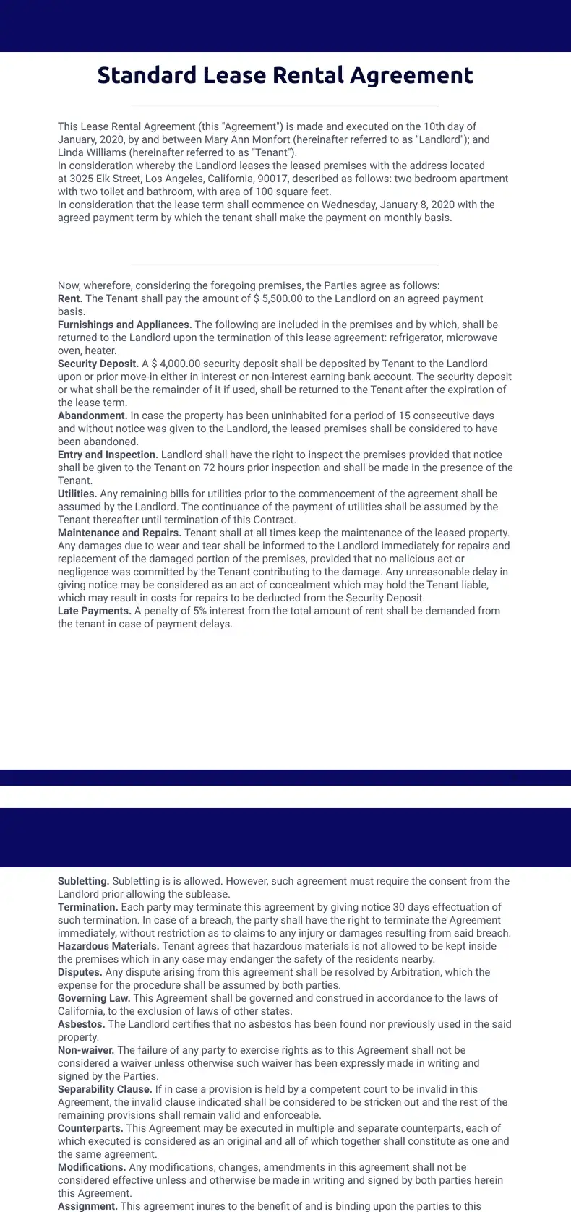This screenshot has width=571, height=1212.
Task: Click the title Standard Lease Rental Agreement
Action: point(285,75)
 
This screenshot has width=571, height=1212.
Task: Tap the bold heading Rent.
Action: point(70,298)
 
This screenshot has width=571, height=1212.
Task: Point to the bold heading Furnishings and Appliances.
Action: point(124,325)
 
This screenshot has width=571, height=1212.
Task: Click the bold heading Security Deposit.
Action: point(98,364)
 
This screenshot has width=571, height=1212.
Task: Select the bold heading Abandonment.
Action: point(93,416)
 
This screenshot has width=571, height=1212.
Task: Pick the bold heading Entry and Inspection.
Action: point(108,455)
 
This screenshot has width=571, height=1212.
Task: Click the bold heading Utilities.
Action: point(77,494)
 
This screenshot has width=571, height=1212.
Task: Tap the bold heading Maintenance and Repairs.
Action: point(119,533)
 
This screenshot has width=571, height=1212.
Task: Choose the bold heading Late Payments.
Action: point(95,611)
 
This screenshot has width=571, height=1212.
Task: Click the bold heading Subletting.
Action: point(84,881)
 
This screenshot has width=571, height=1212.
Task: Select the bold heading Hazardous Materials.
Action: point(108,946)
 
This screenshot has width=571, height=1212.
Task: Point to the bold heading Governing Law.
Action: point(94,998)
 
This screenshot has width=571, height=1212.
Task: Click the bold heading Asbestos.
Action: point(82,1024)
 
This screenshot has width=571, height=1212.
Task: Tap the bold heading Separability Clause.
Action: point(105,1089)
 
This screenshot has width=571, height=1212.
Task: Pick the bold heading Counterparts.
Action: point(90,1128)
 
